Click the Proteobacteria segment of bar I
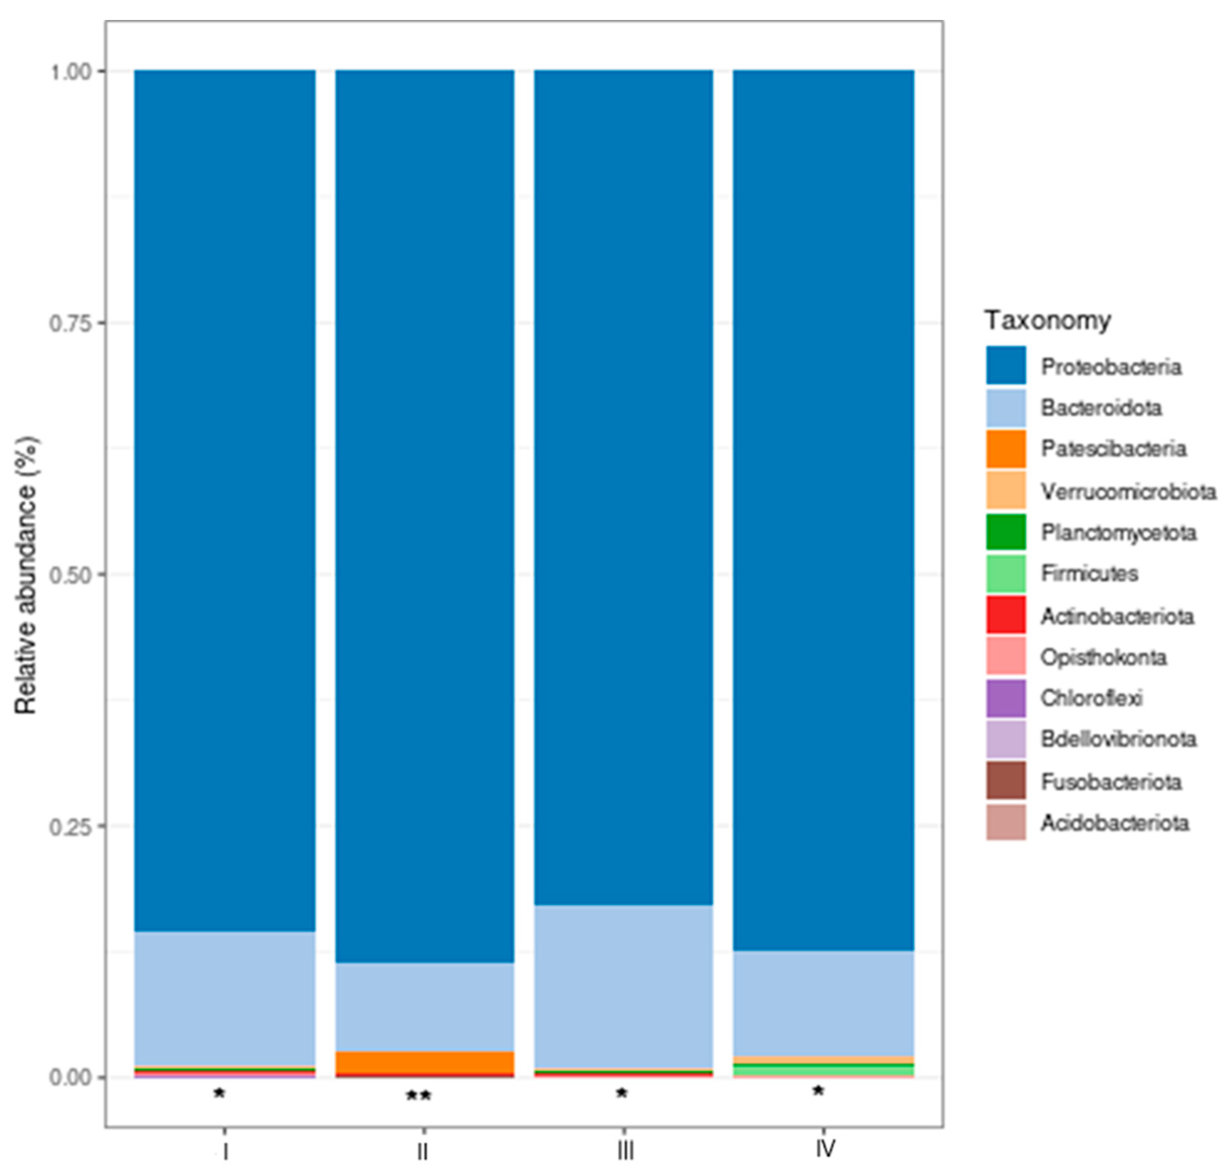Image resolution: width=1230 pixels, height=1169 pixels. point(225,498)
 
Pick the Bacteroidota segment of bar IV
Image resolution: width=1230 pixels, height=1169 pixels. point(823,1004)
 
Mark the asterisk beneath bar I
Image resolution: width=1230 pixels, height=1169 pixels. point(219,1094)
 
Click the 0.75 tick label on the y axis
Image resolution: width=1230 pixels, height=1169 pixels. point(70,324)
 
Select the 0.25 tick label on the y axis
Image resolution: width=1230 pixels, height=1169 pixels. point(70,827)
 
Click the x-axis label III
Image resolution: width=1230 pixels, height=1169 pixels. point(625,1151)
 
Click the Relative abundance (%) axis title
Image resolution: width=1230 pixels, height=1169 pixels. point(26,574)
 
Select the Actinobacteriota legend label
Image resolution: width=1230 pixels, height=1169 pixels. point(1117,616)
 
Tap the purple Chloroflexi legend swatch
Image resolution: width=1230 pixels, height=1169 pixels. point(1006,698)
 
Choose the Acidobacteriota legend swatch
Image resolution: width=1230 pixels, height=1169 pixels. point(1006,823)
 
